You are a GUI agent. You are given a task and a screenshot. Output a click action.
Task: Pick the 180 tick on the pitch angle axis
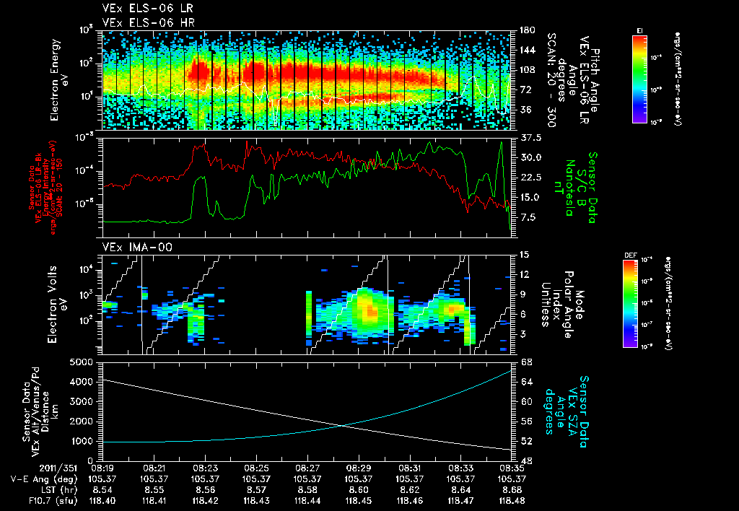pos(527,30)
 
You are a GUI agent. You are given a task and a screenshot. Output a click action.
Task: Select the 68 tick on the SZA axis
pos(527,362)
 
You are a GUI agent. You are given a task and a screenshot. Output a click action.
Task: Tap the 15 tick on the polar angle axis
pos(524,255)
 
